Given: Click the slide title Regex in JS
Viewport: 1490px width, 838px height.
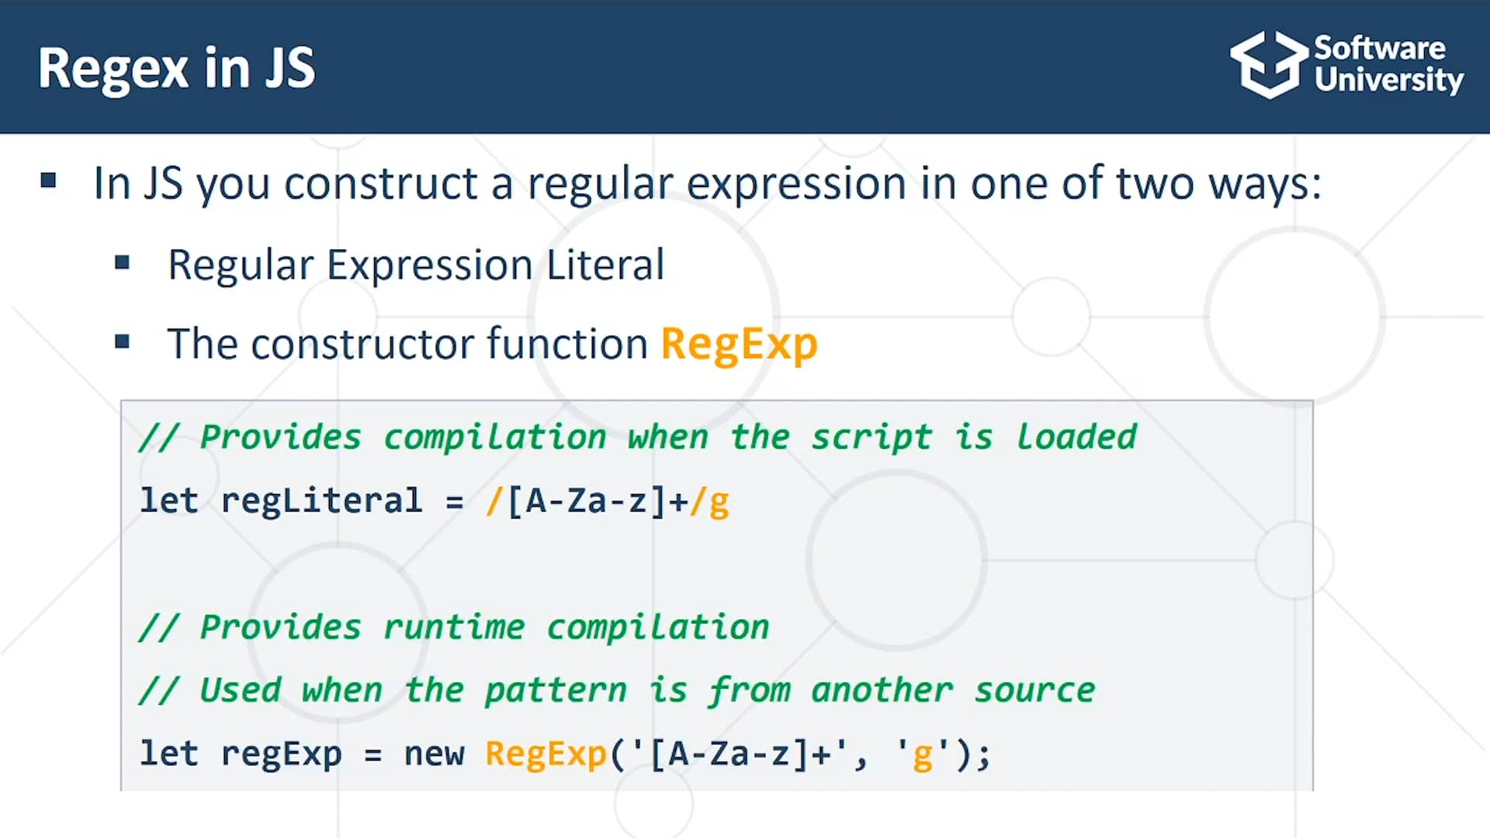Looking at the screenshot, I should coord(177,68).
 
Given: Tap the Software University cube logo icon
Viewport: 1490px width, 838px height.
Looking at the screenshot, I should coord(1268,65).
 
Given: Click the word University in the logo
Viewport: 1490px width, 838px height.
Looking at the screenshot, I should coord(1388,81).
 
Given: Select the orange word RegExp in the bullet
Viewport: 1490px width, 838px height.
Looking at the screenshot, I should coord(739,344).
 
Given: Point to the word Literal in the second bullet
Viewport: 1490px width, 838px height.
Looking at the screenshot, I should coord(605,265).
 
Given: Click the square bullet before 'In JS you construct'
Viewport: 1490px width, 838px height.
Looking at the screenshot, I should coord(49,181).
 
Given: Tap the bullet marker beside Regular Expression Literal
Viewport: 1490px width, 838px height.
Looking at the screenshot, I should coord(122,262).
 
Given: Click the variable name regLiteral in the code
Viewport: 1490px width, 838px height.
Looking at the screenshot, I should coord(321,500).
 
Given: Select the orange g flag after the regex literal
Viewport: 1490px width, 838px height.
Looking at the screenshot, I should coord(719,502).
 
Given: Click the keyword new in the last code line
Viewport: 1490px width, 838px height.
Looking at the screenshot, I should coord(434,753).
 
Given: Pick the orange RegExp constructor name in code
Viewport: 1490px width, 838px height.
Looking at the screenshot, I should coord(546,753).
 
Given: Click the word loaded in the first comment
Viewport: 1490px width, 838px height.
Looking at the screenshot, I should coord(1076,437).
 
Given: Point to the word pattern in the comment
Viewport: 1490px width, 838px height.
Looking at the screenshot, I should coord(556,691).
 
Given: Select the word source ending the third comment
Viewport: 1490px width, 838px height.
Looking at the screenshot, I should coord(1034,691).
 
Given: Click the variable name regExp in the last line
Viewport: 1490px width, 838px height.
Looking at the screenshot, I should coord(281,753).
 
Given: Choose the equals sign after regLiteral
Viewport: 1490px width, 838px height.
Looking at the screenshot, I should coord(455,502).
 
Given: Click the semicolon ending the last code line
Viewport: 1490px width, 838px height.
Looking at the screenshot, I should coord(984,755).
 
